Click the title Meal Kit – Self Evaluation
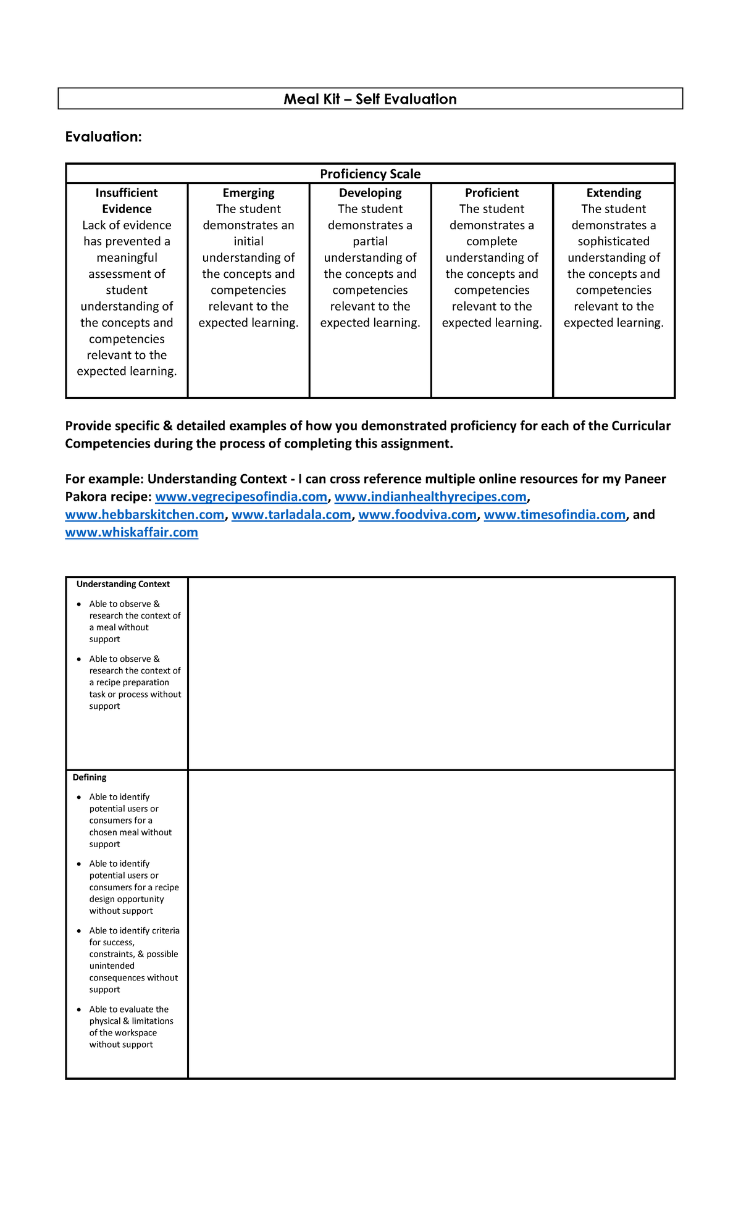coord(370,99)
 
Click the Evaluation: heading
coord(103,137)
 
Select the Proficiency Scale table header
coord(370,174)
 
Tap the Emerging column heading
coord(248,193)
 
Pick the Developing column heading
coord(370,193)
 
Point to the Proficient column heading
coord(492,193)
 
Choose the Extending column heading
coord(613,193)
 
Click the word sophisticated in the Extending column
coord(613,241)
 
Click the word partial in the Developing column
coord(370,241)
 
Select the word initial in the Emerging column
coord(248,241)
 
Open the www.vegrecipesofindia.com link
coord(241,497)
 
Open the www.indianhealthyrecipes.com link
coord(430,497)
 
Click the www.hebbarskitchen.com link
coord(144,515)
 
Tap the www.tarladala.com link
coord(291,515)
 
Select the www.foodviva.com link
coord(417,515)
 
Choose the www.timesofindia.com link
coord(555,515)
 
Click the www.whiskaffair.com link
coord(132,533)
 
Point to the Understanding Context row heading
coord(123,584)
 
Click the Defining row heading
coord(90,777)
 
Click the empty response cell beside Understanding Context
coord(431,673)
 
